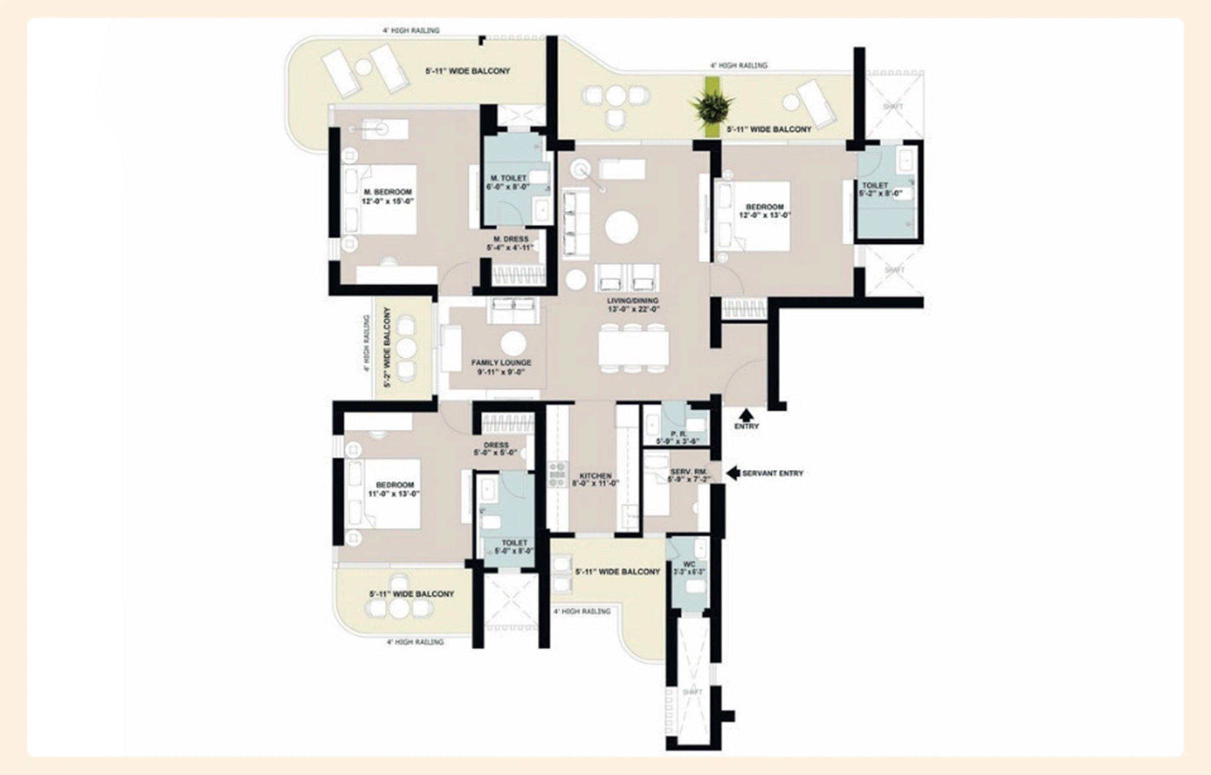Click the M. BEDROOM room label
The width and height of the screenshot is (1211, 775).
(388, 192)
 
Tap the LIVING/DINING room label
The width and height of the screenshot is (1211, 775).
(633, 300)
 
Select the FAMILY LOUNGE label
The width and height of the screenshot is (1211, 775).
(501, 362)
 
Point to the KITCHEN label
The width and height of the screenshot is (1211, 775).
(595, 475)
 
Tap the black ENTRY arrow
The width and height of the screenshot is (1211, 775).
(746, 415)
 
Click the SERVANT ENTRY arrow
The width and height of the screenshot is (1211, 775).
(733, 473)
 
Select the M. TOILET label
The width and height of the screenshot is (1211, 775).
(508, 178)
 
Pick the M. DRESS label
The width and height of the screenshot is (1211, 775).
(511, 239)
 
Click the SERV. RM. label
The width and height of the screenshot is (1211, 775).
(689, 471)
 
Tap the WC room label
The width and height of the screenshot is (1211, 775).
(689, 564)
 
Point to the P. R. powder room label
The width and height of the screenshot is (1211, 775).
(678, 434)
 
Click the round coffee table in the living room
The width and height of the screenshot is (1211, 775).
(621, 227)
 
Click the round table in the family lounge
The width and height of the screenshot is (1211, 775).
(513, 344)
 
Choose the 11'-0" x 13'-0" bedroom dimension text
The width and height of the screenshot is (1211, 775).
(394, 494)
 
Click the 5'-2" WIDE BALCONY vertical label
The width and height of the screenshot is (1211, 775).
(387, 347)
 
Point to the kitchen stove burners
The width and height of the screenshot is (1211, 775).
(557, 475)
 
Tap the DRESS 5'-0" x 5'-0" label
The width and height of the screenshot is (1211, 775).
(496, 449)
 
